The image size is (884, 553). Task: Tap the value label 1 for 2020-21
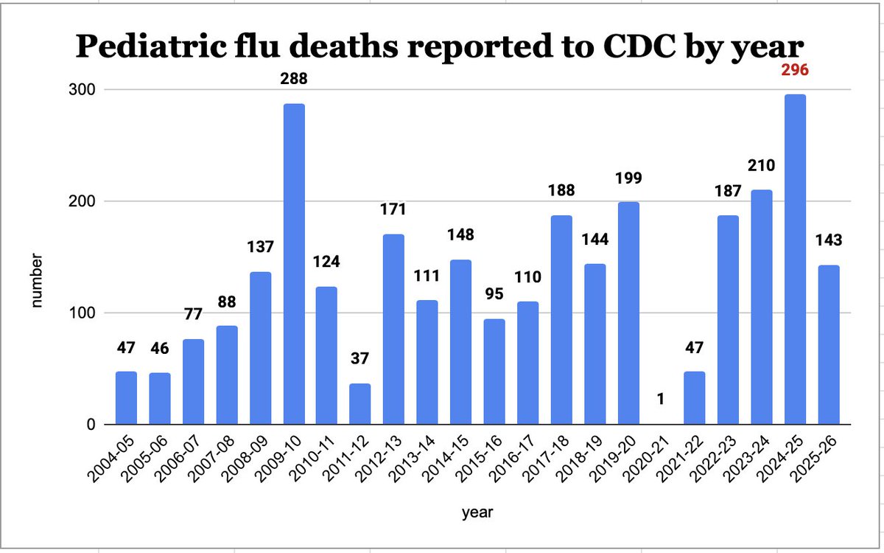coord(661,398)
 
